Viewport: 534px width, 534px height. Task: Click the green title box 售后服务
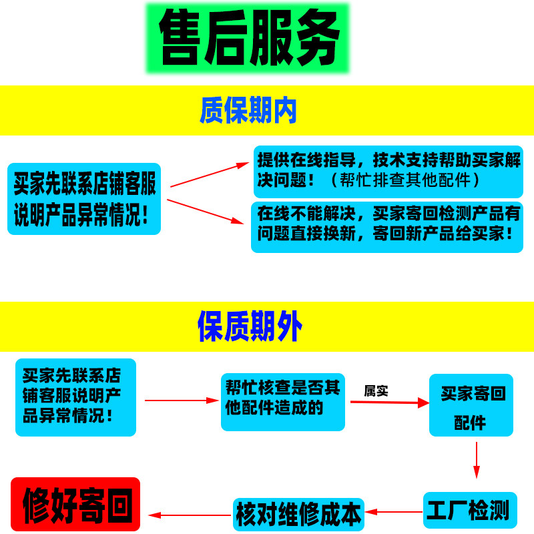248,38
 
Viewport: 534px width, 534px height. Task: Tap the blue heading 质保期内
248,110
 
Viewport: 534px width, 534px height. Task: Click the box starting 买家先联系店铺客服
84,198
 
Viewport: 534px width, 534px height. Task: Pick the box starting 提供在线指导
387,170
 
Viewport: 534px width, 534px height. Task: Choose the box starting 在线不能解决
387,226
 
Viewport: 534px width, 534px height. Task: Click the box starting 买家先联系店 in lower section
75,397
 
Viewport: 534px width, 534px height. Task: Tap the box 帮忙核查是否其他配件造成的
282,401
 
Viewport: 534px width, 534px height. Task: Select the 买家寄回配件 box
471,405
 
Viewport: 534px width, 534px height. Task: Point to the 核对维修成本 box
298,515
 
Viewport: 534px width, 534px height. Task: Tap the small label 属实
376,391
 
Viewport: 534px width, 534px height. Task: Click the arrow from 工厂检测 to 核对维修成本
394,513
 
